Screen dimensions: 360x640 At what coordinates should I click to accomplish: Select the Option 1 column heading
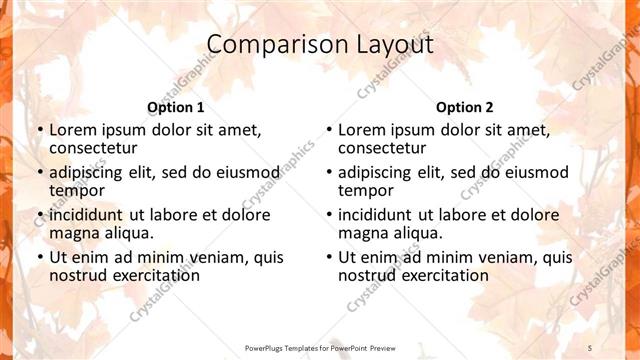pos(176,107)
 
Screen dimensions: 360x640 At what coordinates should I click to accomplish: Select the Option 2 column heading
pos(464,107)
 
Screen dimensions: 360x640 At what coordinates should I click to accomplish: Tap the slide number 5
pos(591,347)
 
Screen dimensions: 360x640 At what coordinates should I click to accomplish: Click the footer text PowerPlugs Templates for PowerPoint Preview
pos(320,348)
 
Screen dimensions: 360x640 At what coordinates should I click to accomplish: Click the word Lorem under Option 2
pos(362,130)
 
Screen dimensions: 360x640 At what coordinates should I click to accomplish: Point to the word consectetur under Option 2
pos(382,149)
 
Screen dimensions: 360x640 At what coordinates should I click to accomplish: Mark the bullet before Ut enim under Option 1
pos(39,257)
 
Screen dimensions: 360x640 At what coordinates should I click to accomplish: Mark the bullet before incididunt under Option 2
pos(328,215)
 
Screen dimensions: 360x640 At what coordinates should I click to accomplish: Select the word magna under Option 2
pos(362,233)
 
